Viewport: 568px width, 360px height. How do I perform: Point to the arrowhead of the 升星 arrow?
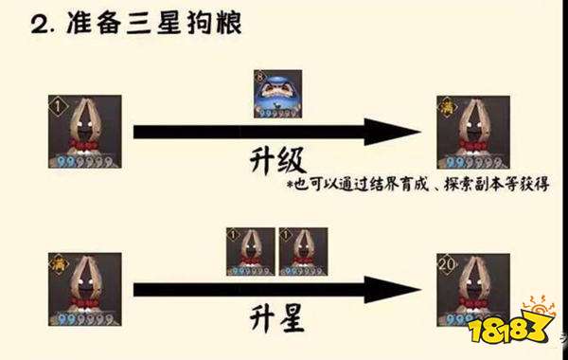coord(377,288)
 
